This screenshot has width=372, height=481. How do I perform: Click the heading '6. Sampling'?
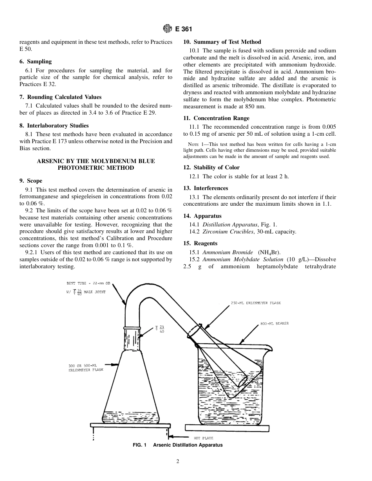[35, 61]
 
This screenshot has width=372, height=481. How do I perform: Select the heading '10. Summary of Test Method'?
[222, 42]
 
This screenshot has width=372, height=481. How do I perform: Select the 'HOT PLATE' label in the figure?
[204, 438]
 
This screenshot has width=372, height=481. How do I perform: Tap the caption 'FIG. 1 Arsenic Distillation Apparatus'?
[178, 445]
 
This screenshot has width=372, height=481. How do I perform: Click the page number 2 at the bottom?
[178, 461]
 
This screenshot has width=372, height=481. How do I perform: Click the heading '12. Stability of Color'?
[211, 167]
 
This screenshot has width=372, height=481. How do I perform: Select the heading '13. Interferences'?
[206, 188]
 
